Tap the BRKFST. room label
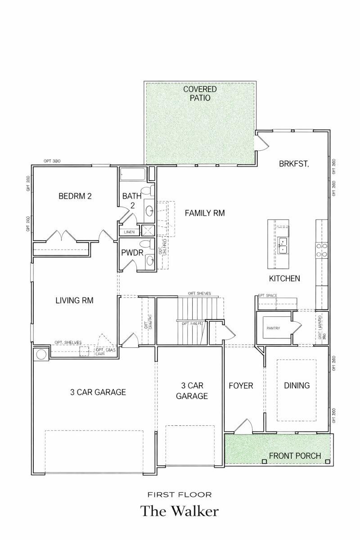coord(294,164)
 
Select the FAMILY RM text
coord(205,213)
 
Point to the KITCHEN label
coord(284,279)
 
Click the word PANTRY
coord(273,328)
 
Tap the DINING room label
coord(297,385)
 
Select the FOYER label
coord(241,386)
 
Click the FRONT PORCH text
coord(295,456)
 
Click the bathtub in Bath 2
coord(133,174)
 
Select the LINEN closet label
coord(129,232)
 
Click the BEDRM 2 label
coord(75,196)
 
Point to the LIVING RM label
coord(74,300)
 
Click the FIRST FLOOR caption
coord(180,495)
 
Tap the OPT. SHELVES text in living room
coord(68,342)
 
